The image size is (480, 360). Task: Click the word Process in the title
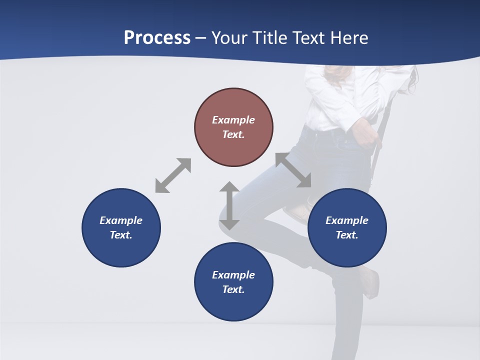click(157, 38)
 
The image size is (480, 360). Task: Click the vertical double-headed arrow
click(229, 205)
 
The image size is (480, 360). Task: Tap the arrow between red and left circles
click(173, 175)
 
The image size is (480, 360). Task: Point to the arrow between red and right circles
click(293, 170)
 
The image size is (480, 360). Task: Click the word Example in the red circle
click(233, 120)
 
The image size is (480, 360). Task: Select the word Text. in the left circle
click(121, 235)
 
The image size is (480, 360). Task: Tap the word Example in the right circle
click(347, 220)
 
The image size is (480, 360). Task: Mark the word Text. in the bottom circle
click(233, 289)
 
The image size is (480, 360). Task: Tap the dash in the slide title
click(201, 38)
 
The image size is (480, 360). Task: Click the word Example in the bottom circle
click(233, 275)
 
